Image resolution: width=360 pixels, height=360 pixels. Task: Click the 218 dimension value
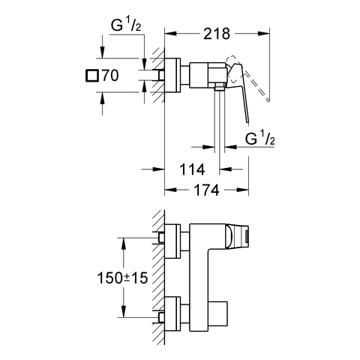coord(217,34)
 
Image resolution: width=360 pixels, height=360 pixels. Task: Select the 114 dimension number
coord(192,169)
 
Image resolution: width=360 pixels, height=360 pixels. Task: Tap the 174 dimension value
coord(207,190)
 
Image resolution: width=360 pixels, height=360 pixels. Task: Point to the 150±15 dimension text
coord(122,277)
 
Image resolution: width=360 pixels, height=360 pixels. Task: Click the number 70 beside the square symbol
coord(109,76)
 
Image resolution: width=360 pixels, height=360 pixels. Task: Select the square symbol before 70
coord(91,76)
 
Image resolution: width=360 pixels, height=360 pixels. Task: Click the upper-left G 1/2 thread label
coord(126,25)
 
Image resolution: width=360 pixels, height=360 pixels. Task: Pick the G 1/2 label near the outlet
coord(260,138)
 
